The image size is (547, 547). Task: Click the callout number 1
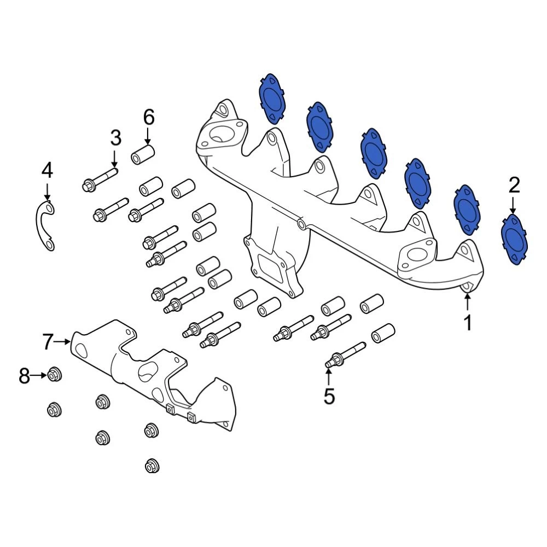click(x=468, y=323)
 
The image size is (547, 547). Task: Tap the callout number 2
click(x=514, y=187)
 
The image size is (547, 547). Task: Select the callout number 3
click(x=115, y=138)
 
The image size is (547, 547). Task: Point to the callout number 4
click(x=48, y=171)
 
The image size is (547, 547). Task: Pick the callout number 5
click(x=329, y=396)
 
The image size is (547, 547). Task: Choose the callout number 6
click(x=149, y=117)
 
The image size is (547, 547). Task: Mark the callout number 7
click(x=48, y=342)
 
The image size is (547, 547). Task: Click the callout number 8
click(x=24, y=376)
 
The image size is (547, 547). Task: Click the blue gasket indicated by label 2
click(x=515, y=240)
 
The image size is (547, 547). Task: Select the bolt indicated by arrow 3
click(x=101, y=180)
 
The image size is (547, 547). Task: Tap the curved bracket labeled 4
click(x=43, y=225)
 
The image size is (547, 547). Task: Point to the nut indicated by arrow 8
click(x=54, y=375)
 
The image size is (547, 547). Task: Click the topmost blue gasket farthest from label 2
click(x=272, y=98)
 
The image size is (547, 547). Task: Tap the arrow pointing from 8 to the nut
click(x=39, y=375)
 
